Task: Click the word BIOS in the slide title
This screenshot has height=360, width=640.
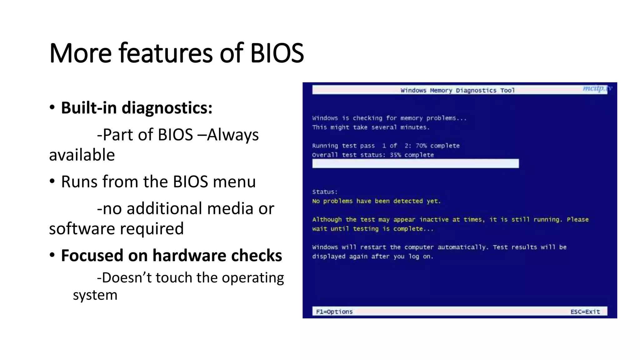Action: click(277, 53)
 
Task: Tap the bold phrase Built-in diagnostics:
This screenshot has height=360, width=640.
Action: click(137, 108)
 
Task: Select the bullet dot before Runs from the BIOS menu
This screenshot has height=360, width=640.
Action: click(52, 181)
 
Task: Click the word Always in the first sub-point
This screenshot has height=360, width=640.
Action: click(233, 135)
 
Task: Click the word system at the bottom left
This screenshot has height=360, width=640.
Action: click(95, 295)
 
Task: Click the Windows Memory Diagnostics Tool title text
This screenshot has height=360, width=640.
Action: click(457, 90)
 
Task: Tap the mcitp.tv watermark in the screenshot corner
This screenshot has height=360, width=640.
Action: click(597, 88)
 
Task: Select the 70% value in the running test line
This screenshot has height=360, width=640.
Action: click(421, 146)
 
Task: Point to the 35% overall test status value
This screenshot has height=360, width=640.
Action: click(395, 155)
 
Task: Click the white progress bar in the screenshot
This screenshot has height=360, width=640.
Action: click(415, 163)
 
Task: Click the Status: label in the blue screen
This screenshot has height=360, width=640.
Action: click(325, 192)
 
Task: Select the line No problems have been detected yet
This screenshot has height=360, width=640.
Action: click(376, 201)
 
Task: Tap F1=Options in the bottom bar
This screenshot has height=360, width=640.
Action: click(334, 312)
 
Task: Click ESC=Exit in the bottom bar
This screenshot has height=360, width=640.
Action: click(585, 312)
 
